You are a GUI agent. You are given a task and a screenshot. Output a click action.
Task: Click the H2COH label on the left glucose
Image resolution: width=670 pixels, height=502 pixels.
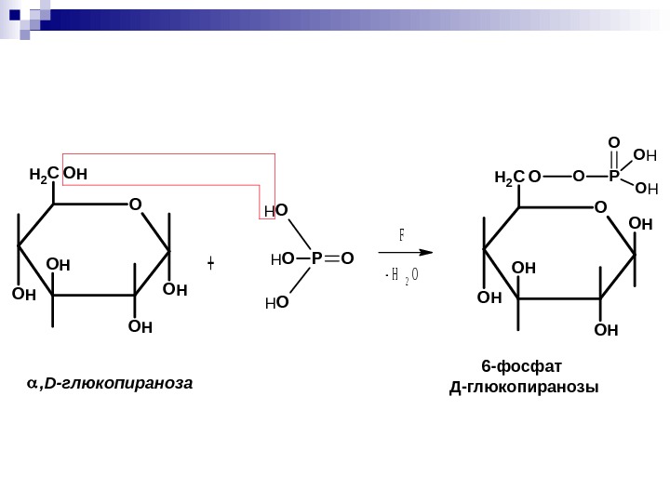(x=58, y=174)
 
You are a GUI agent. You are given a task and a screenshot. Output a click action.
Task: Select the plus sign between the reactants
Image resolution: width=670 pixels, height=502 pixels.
(x=211, y=264)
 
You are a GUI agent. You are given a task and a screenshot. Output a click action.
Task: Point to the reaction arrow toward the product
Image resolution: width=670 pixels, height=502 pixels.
(x=408, y=251)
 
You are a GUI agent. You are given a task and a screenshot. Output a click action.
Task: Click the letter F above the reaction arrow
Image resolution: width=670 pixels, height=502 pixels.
(x=402, y=234)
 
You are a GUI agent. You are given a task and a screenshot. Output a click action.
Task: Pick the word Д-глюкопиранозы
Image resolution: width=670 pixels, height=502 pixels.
(x=524, y=386)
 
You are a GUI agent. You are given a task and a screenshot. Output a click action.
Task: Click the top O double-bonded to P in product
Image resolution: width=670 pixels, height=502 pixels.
(x=614, y=142)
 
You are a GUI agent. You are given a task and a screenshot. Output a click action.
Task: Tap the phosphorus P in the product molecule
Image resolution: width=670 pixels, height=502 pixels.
(x=614, y=175)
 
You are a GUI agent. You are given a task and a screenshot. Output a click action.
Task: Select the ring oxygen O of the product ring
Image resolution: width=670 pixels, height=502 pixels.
(x=600, y=205)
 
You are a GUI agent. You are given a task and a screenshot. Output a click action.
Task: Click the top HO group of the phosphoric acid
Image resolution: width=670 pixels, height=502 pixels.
(x=276, y=213)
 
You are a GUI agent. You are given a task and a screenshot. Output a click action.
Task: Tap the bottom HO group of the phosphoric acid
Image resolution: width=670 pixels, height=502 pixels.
(x=276, y=302)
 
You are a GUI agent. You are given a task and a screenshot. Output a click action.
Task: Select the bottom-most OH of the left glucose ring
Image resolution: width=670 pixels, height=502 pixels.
(x=141, y=326)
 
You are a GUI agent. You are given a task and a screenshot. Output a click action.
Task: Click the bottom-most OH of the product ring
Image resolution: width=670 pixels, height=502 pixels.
(x=606, y=329)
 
